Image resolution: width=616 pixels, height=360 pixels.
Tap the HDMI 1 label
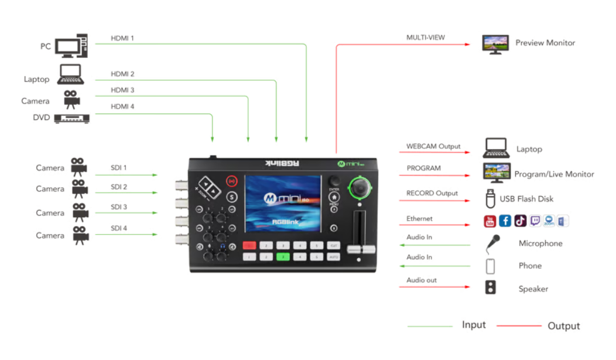[x=122, y=39]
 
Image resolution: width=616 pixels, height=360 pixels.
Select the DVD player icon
[x=71, y=119]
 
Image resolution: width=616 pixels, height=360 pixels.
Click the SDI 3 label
[x=118, y=207]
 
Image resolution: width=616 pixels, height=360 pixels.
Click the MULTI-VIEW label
[x=426, y=37]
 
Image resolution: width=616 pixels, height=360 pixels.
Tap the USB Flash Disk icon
[x=490, y=198]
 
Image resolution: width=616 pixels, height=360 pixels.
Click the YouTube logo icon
[x=490, y=221]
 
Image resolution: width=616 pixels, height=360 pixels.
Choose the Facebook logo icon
[x=505, y=221]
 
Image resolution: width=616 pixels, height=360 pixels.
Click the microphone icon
[x=492, y=243]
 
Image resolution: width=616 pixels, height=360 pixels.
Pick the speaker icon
[x=490, y=287]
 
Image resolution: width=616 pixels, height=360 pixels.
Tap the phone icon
[x=490, y=266]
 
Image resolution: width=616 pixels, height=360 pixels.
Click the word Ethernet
[x=419, y=219]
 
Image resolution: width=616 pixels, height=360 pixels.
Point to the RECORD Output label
[x=432, y=193]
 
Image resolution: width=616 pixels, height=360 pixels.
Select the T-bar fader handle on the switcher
[x=360, y=250]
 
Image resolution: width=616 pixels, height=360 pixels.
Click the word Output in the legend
[x=563, y=326]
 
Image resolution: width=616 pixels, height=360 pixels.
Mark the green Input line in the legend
[x=430, y=326]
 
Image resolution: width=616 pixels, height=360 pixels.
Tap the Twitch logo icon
[x=535, y=221]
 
